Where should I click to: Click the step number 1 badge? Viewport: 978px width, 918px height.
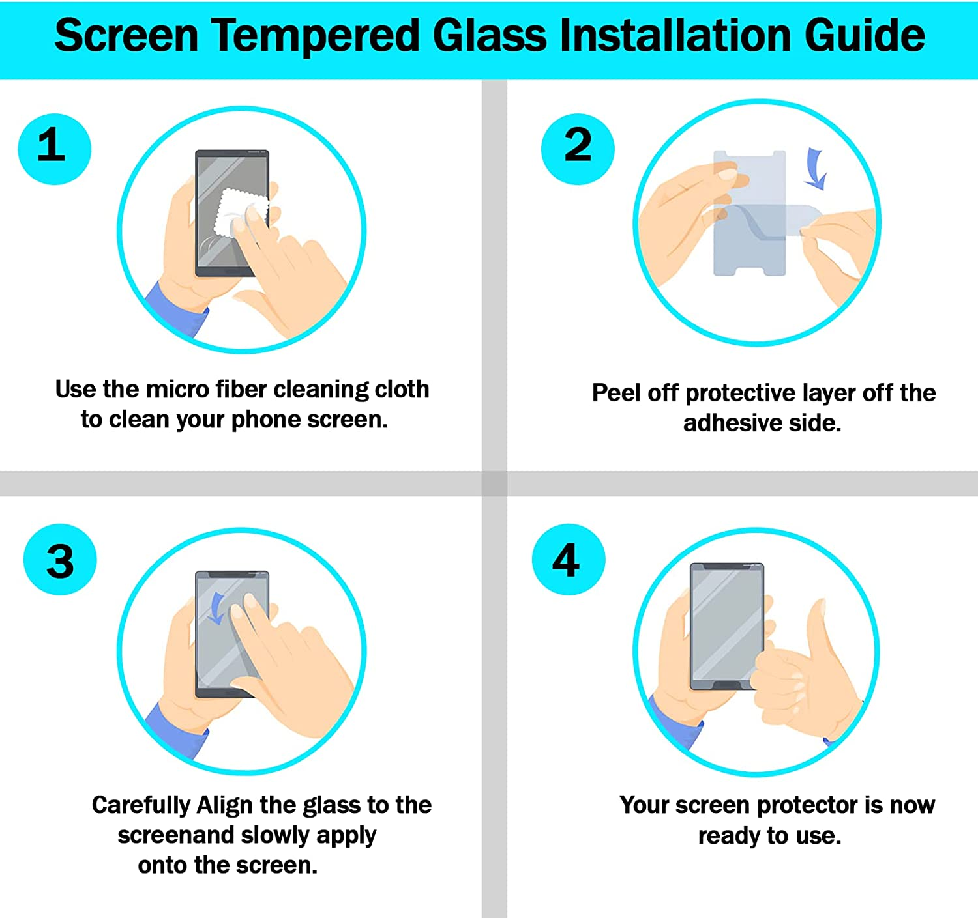(x=54, y=149)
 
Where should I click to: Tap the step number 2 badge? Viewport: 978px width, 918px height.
(x=578, y=149)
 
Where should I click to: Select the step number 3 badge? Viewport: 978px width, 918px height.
(x=60, y=560)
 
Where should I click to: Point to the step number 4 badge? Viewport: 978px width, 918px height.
(x=568, y=560)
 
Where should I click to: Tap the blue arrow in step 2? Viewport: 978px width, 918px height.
(x=815, y=168)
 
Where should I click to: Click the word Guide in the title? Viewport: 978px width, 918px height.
(x=864, y=36)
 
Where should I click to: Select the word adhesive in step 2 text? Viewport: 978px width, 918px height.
(x=731, y=423)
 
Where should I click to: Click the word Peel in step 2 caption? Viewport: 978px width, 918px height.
(x=616, y=393)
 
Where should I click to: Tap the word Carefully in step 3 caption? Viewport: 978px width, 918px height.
(x=141, y=805)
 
